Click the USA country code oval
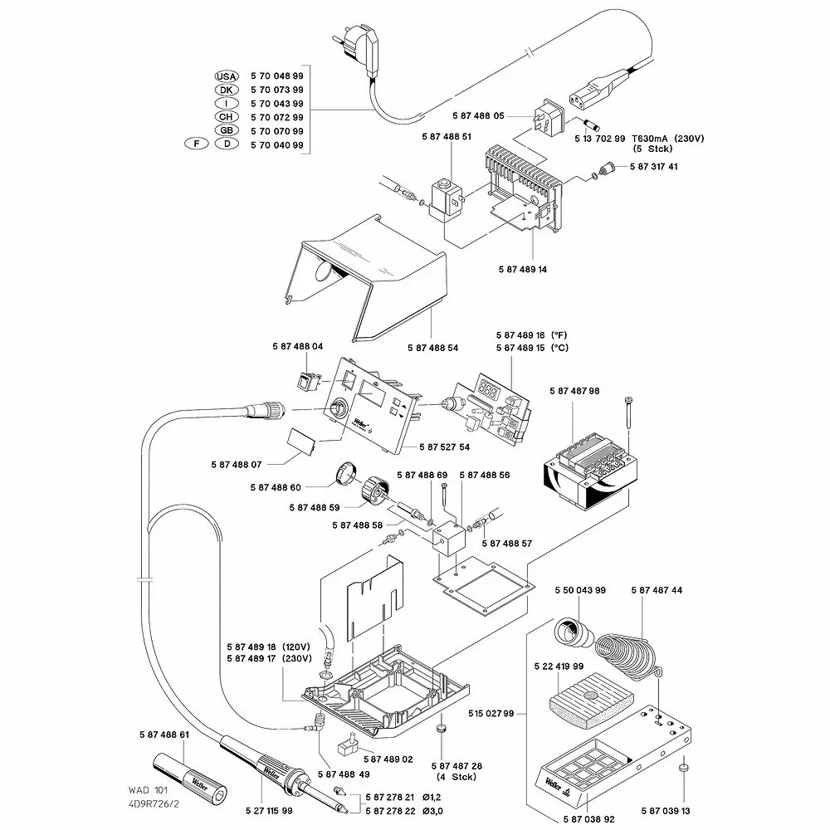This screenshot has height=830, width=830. [x=227, y=76]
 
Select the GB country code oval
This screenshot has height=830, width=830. [x=227, y=130]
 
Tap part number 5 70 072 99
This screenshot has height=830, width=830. [x=277, y=117]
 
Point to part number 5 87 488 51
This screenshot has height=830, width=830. [x=447, y=137]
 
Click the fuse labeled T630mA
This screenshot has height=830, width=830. [x=591, y=125]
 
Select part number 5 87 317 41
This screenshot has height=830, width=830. [x=654, y=166]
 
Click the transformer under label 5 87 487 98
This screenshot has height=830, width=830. [x=590, y=474]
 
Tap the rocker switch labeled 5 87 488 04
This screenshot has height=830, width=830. [x=308, y=381]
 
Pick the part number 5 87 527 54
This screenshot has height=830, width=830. [x=444, y=447]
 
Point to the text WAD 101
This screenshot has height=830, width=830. [x=148, y=790]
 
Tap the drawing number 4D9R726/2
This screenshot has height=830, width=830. [x=154, y=804]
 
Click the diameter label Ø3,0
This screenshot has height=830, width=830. [x=432, y=811]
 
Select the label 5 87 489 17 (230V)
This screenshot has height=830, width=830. [x=269, y=658]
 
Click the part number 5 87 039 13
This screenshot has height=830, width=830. [x=666, y=811]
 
